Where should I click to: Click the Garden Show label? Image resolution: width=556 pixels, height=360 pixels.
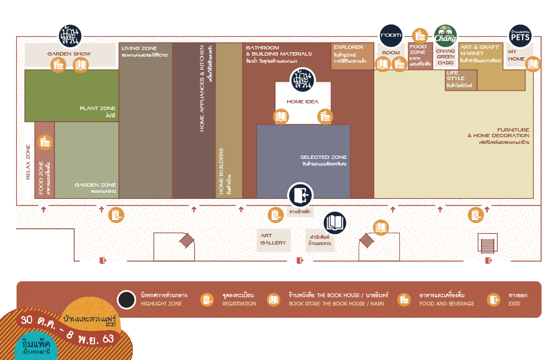point(69,54)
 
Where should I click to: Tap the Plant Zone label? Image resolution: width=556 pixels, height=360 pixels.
point(97,108)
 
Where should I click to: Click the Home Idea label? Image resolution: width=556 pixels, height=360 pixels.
point(303,102)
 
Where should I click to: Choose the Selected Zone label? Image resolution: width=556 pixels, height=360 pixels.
point(324,157)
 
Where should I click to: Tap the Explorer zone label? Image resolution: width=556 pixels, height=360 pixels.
point(348,48)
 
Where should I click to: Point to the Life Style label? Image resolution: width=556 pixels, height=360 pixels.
point(456,75)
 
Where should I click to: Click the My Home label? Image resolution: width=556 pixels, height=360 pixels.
point(517,55)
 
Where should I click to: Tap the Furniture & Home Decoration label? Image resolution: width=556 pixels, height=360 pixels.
point(498,133)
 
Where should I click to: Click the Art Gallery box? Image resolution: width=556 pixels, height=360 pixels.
point(274,239)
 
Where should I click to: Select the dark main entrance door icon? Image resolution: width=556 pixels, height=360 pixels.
point(300,196)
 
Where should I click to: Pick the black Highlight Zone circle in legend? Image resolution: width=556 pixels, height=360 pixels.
point(127,300)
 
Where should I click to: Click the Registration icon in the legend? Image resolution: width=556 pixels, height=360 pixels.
point(207,300)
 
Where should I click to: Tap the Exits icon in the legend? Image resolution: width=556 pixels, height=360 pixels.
point(493,300)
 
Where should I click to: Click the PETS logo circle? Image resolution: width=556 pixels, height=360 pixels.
point(520,36)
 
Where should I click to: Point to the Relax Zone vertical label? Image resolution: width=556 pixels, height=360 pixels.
point(28,163)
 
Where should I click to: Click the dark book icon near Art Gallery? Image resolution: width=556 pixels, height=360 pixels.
point(335,222)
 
